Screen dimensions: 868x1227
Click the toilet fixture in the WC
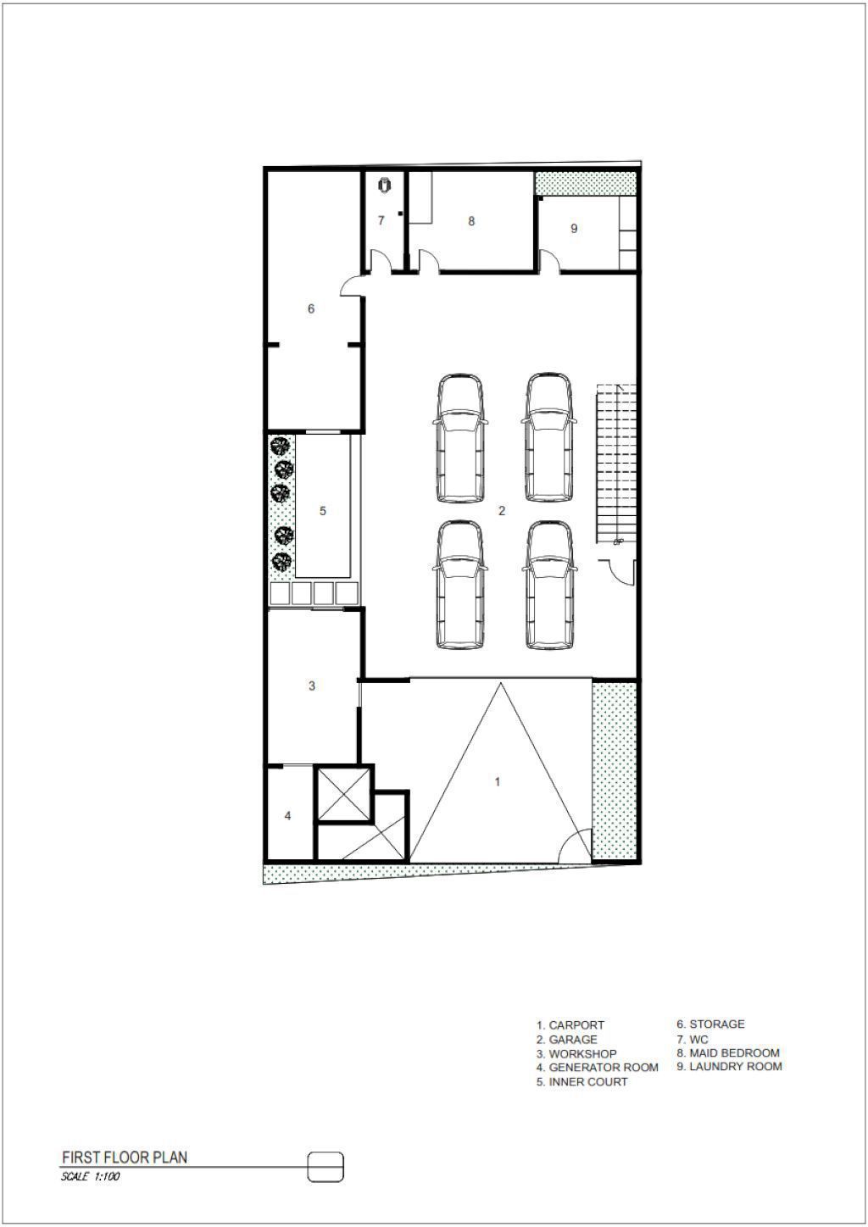pos(385,186)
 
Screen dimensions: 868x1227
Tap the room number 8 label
pos(471,221)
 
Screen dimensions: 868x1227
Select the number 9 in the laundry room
pos(574,229)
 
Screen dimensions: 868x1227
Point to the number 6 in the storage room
pos(311,309)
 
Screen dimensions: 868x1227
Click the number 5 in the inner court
pos(323,510)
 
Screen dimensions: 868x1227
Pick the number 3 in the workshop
pos(312,686)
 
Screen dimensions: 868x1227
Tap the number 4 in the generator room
pos(287,816)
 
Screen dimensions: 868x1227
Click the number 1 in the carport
pos(498,781)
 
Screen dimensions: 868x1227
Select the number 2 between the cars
pos(502,510)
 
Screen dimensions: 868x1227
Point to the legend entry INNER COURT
pos(588,1081)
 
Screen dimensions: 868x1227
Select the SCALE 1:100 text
pos(90,1175)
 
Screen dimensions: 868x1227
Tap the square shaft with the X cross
pos(345,794)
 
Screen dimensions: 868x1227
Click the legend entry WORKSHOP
pos(582,1053)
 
